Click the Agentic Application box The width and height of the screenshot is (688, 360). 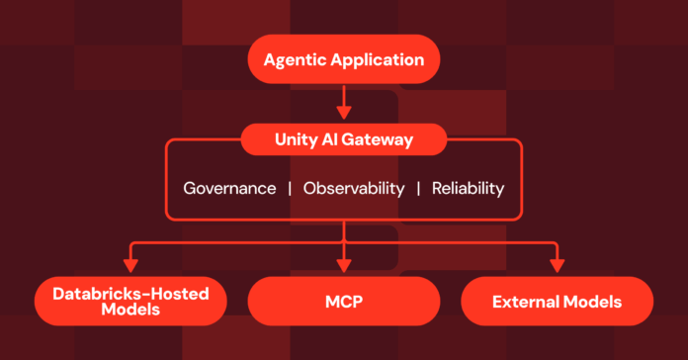tap(344, 59)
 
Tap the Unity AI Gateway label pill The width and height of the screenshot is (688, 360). tap(343, 140)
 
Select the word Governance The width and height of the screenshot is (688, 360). tap(229, 188)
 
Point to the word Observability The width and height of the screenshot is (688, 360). tap(353, 188)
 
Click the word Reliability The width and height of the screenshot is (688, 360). tap(469, 188)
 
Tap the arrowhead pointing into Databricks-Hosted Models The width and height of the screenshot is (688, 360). tap(129, 265)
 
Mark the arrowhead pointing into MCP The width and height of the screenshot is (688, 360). tap(343, 265)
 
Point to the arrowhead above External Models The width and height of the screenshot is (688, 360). tap(557, 265)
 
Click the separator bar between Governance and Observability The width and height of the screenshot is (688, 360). tap(290, 188)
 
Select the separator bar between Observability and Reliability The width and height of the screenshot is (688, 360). tap(418, 188)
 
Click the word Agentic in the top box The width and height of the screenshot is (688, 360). tap(294, 60)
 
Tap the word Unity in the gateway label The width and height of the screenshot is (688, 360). tap(295, 140)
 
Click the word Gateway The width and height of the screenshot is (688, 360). tap(380, 140)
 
